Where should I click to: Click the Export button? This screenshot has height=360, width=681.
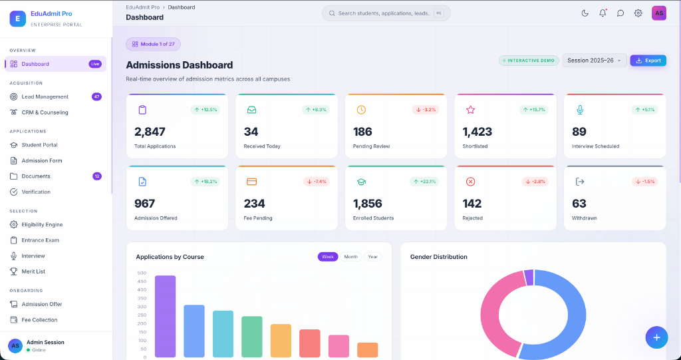648,61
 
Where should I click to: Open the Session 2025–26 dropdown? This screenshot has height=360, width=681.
594,61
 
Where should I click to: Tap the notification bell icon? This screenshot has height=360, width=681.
603,13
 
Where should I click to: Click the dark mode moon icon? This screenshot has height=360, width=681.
585,13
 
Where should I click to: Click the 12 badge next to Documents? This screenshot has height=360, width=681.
97,176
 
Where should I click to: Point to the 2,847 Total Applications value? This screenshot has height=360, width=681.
150,131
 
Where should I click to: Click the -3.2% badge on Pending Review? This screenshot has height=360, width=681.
426,110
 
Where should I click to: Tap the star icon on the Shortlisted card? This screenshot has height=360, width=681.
470,110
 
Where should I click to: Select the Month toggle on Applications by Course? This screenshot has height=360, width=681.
350,256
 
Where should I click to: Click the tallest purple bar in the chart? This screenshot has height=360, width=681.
165,316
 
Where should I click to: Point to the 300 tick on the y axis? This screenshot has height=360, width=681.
142,307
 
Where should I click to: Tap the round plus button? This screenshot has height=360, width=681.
656,337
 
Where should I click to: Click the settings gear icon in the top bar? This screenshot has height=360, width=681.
638,13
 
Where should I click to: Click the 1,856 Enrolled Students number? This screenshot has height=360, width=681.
367,204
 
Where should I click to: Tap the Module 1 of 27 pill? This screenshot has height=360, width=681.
154,44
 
